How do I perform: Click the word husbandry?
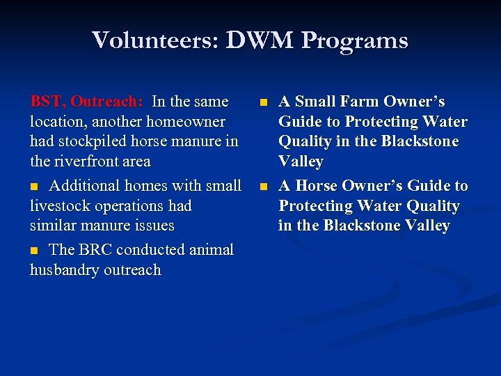[x=63, y=270]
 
